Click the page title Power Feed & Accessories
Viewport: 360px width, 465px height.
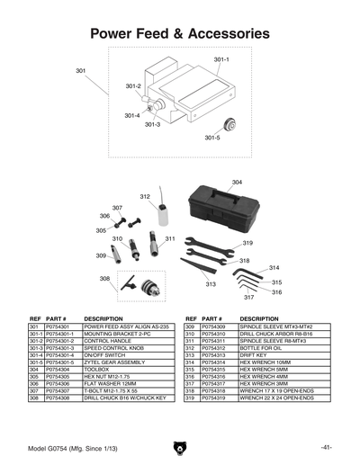[x=180, y=33]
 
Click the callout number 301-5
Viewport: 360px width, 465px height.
[x=211, y=138]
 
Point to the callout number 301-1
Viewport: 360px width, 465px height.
[x=221, y=59]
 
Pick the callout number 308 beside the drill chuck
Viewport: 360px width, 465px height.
[x=105, y=279]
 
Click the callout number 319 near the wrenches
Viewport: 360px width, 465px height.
[x=247, y=243]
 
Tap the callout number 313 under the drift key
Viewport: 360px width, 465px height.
[x=210, y=283]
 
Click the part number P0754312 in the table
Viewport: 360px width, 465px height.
[x=220, y=347]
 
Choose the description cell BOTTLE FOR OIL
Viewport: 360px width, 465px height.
[x=260, y=347]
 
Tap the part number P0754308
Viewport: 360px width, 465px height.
[x=59, y=397]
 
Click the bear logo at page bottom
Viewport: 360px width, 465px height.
[x=180, y=447]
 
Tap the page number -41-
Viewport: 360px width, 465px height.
[x=327, y=447]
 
